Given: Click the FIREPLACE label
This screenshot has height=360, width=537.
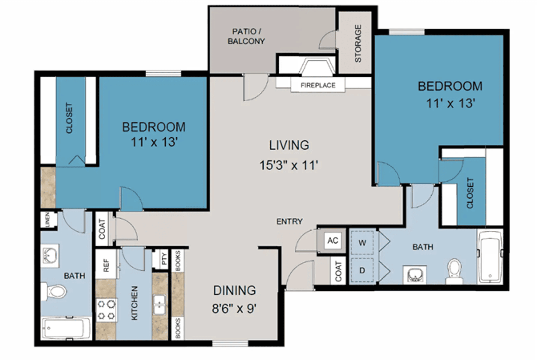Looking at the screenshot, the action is point(318,85).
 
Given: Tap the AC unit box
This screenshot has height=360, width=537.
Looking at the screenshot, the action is point(333,240).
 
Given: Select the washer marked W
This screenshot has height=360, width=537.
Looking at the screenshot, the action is point(362,242).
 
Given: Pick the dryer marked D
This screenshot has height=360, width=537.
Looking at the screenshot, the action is point(362,270).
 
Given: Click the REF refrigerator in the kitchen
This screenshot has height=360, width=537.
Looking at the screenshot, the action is point(106,265).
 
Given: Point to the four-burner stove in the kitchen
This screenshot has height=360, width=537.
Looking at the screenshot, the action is point(106,310).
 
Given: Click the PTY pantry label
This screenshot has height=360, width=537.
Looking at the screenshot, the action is point(164,259).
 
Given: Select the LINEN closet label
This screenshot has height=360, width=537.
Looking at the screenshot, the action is point(47,220).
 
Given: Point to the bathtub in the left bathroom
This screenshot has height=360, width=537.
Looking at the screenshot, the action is point(66,328).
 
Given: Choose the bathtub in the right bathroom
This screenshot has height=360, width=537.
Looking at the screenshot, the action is point(490,256).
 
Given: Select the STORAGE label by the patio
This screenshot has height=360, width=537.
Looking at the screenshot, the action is point(358,43).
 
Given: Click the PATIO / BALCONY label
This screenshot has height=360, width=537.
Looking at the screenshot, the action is point(246,36).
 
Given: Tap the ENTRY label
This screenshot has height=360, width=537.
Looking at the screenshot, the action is point(289,221).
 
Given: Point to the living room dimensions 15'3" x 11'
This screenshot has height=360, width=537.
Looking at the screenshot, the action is point(289,165).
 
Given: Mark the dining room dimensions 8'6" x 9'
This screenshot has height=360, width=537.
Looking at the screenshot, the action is point(234,308).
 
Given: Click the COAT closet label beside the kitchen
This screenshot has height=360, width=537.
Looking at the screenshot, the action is point(102,229).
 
